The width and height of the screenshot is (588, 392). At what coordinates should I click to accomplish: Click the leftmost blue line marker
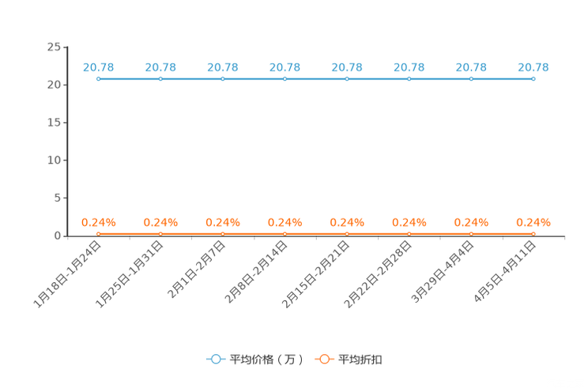[x=99, y=79]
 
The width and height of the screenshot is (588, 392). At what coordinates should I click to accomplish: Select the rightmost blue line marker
[x=533, y=79]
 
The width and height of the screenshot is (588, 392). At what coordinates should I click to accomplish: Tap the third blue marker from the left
[x=223, y=79]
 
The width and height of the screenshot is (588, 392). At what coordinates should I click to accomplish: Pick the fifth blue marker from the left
[x=347, y=79]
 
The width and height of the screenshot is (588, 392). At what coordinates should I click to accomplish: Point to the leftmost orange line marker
[x=99, y=233]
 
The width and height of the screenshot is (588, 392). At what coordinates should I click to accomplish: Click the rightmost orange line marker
[x=533, y=233]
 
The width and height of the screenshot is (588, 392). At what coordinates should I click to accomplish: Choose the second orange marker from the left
[x=160, y=233]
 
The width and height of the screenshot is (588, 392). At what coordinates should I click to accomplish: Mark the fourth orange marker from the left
[x=285, y=233]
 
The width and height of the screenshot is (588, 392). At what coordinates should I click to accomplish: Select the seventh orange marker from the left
[x=471, y=233]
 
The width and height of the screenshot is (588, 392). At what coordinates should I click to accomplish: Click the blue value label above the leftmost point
[x=99, y=67]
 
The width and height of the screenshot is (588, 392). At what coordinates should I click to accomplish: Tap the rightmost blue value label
[x=533, y=67]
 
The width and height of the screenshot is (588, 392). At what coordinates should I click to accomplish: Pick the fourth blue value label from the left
[x=285, y=67]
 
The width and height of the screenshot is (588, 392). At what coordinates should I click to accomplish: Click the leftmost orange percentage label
[x=99, y=222]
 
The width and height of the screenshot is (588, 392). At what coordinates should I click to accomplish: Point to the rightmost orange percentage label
[x=533, y=222]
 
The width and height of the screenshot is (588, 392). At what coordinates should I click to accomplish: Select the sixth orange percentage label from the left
[x=409, y=222]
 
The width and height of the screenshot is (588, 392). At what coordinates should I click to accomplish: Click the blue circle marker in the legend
[x=216, y=360]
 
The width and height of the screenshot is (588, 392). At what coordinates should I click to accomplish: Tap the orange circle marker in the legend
[x=324, y=360]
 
